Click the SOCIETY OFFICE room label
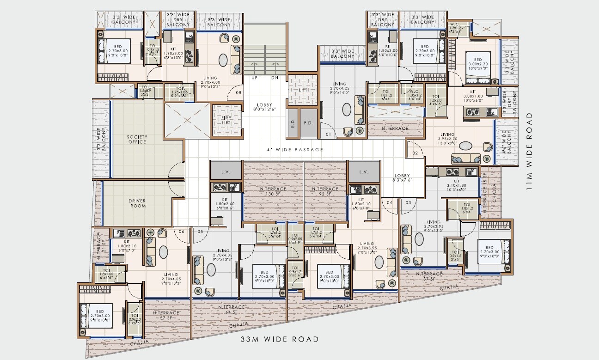(136, 139)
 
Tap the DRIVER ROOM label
(137, 203)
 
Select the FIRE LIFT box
(226, 121)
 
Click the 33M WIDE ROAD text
(280, 339)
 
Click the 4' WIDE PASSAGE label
(294, 150)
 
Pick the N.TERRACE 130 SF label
(273, 191)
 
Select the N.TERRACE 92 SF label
(325, 191)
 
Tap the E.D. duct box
(292, 123)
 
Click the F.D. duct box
(308, 123)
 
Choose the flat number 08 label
(238, 92)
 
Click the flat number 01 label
(329, 134)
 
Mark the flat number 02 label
(415, 153)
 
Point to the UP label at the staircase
(254, 78)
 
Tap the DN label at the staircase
(275, 78)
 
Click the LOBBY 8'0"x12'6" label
(265, 107)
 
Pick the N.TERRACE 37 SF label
(429, 276)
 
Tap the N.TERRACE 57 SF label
(165, 315)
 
